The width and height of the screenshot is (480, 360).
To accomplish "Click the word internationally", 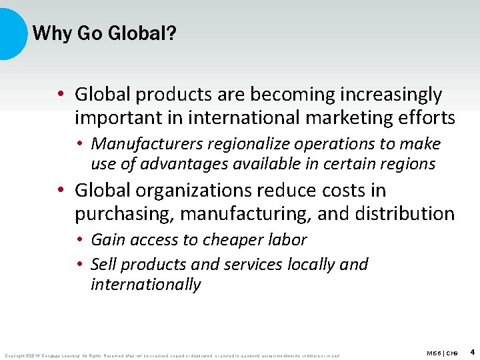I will pyautogui.click(x=145, y=285).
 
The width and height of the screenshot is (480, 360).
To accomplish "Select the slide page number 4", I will pyautogui.click(x=472, y=351).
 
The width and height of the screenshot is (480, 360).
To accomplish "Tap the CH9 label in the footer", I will pyautogui.click(x=451, y=353).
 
